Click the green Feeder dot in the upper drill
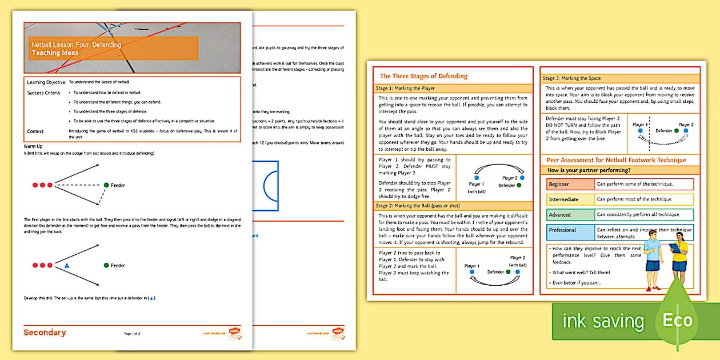(x=106, y=185)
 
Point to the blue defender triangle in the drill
(x=67, y=266)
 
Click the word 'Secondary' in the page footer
(x=45, y=333)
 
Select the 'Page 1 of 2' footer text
(x=132, y=333)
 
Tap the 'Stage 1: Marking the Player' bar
(x=405, y=89)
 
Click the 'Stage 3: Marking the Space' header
(x=571, y=78)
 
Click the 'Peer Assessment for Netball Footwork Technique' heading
(x=616, y=160)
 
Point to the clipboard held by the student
(x=676, y=247)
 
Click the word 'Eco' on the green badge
(x=677, y=321)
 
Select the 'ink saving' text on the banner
(x=603, y=322)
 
